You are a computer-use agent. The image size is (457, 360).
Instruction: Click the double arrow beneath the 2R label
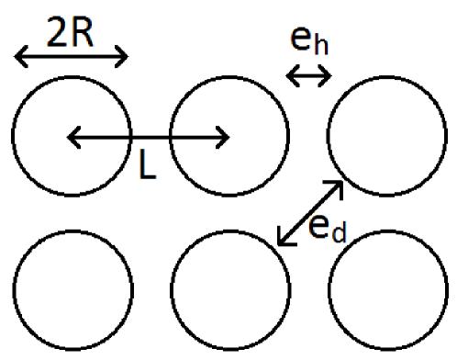(x=72, y=59)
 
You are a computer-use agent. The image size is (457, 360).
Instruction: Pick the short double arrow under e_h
(x=309, y=78)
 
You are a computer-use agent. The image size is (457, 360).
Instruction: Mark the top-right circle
(x=386, y=138)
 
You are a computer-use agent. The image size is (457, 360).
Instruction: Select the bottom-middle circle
(x=228, y=294)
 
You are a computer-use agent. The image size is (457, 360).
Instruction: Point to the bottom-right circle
(x=386, y=294)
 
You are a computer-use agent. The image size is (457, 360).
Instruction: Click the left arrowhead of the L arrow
(x=73, y=139)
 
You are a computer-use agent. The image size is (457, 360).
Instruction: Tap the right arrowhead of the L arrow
(x=223, y=139)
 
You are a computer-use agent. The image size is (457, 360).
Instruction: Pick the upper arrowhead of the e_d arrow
(x=337, y=187)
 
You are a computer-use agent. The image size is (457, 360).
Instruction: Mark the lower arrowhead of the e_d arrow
(x=284, y=239)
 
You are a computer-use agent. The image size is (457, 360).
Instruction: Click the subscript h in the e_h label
(x=318, y=49)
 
